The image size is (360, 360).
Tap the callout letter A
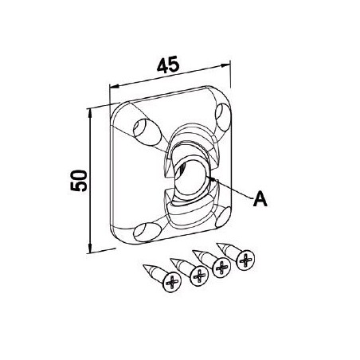coord(259,199)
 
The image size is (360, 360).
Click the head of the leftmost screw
coord(170,282)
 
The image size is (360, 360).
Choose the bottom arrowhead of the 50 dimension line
coord(89,250)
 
